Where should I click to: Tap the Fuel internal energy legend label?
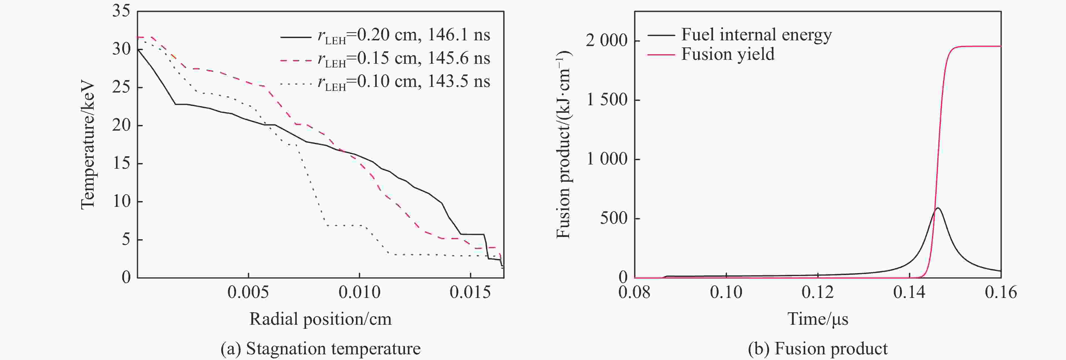[x=756, y=35]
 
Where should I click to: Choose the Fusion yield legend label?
[x=728, y=54]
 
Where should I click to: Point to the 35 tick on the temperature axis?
[x=121, y=11]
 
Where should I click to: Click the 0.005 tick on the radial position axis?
[x=248, y=292]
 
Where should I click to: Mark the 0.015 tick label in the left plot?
[x=470, y=292]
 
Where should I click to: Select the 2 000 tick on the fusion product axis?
[x=606, y=41]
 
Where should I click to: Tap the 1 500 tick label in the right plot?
[x=606, y=100]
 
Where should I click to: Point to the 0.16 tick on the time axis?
[x=1001, y=292]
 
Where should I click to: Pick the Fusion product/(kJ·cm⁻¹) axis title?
[x=563, y=145]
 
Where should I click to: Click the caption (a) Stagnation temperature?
[x=320, y=349]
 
